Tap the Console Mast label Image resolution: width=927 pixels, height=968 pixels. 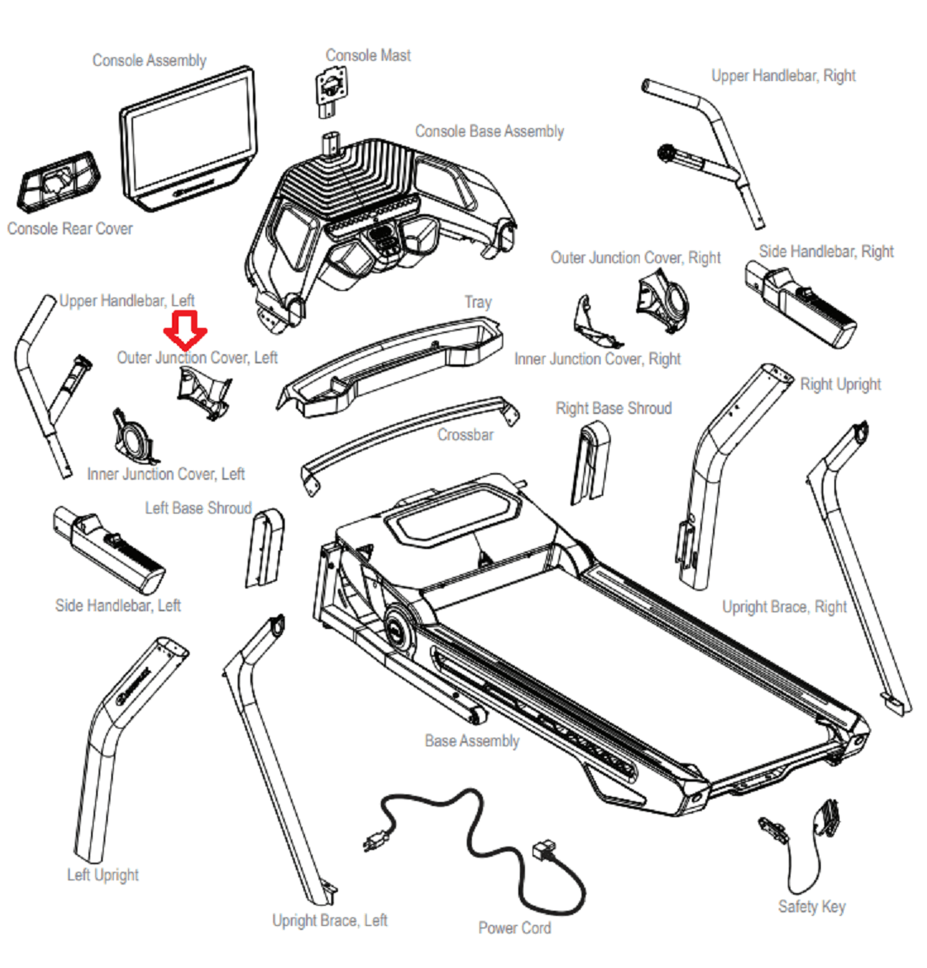pos(367,56)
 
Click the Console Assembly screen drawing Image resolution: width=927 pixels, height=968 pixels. pos(189,139)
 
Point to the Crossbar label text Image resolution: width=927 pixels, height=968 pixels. pos(465,434)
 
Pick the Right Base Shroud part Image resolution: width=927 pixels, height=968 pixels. pos(590,462)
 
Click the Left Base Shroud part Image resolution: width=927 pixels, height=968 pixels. pos(265,548)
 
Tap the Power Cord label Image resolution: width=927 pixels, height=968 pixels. pos(515,928)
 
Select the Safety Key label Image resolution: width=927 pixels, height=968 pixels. pos(812,907)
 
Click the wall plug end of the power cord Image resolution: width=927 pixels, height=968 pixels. pos(376,842)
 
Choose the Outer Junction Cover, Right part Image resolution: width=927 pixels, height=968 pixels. pos(662,301)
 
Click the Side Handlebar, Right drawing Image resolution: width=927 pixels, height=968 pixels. pos(800,304)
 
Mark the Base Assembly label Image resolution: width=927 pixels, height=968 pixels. pos(472,741)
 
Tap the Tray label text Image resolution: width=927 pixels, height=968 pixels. pos(479,302)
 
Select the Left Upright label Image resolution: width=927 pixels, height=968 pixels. pos(103,874)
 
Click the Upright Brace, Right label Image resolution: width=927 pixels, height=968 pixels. pos(785,607)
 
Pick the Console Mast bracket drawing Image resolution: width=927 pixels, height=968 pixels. pos(332,91)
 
